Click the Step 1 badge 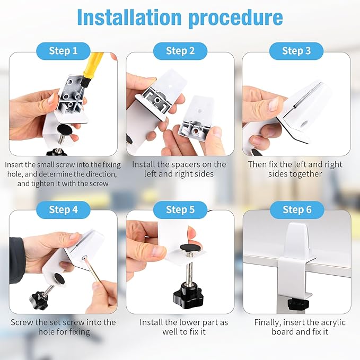click(x=63, y=51)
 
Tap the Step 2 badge click(x=180, y=51)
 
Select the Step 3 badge click(x=296, y=51)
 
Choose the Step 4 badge click(x=63, y=210)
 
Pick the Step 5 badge click(x=180, y=210)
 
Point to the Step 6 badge click(x=297, y=210)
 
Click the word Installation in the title click(x=129, y=17)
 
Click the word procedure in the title click(x=235, y=19)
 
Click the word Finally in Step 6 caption click(x=267, y=322)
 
